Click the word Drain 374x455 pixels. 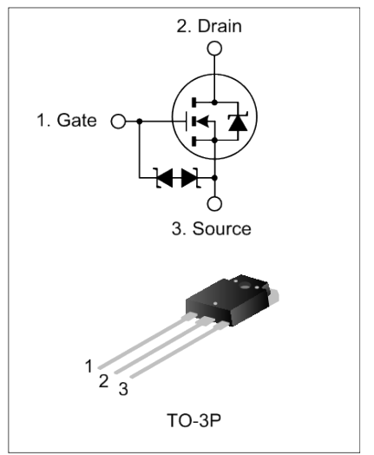[x=220, y=26]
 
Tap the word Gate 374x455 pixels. [x=76, y=120]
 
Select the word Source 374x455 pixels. [x=222, y=228]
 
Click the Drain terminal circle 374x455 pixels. [x=214, y=49]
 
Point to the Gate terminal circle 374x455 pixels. [x=118, y=122]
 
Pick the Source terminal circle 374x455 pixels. [x=214, y=203]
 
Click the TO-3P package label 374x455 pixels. [x=194, y=420]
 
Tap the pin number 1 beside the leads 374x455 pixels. [x=89, y=366]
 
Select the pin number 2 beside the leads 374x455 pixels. [x=103, y=381]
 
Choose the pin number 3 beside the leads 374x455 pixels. [x=123, y=389]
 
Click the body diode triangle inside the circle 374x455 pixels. [x=238, y=123]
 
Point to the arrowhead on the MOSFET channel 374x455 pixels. [x=203, y=122]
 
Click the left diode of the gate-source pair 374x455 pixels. [x=164, y=178]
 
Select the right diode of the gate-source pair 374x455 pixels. [x=190, y=178]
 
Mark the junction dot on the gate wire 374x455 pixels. [x=140, y=122]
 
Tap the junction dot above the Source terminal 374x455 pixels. [x=214, y=178]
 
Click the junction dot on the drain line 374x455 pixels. [x=214, y=102]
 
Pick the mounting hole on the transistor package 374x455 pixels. [x=245, y=287]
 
